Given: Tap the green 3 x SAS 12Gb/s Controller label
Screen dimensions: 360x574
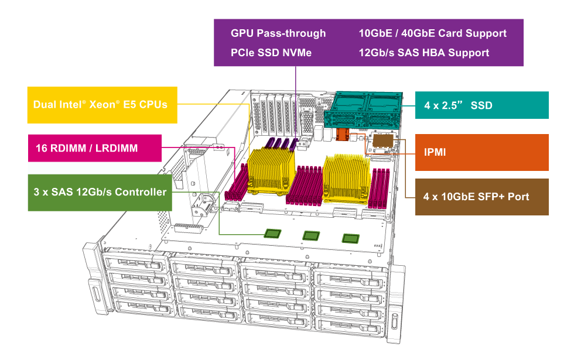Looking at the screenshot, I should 100,192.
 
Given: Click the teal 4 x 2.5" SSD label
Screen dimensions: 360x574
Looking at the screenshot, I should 481,105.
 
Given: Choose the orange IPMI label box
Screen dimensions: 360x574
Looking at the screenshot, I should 481,152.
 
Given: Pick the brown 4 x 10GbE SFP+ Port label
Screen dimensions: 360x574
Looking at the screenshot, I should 481,197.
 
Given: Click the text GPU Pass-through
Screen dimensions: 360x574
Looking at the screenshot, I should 278,33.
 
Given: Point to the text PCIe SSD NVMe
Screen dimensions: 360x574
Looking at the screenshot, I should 271,53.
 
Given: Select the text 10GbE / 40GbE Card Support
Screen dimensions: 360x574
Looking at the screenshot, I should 432,33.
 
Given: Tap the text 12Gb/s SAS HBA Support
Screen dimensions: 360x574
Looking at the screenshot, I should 423,53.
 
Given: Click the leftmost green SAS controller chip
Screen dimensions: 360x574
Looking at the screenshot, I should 272,233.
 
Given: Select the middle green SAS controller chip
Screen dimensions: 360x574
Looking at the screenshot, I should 311,235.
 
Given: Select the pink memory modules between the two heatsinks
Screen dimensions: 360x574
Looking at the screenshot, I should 308,184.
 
